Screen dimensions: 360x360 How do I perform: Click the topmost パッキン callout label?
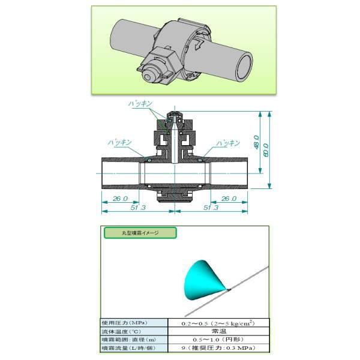(x=142, y=104)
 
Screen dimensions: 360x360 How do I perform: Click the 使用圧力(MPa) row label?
(x=125, y=322)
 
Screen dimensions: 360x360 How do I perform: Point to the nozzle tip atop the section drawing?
(x=172, y=113)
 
